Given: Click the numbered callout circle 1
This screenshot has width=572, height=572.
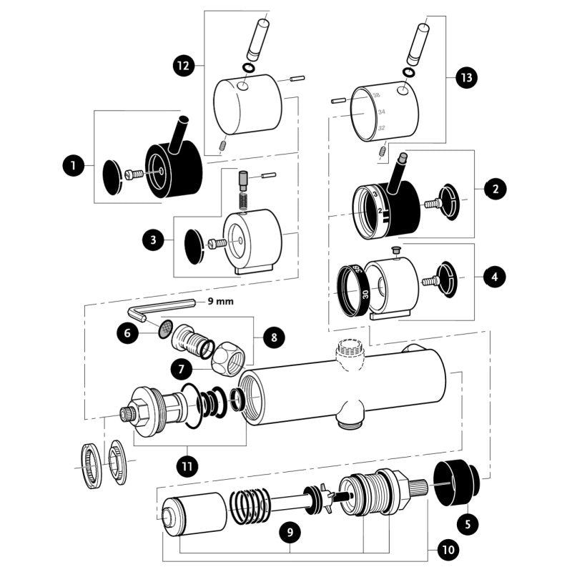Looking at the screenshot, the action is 71,167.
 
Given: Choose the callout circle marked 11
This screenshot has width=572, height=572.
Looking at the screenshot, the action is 187,466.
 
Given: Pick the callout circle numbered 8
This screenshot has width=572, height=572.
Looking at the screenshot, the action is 272,337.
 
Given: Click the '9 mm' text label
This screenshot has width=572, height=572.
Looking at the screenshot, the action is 220,302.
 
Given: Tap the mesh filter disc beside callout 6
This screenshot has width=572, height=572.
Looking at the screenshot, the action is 164,329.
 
